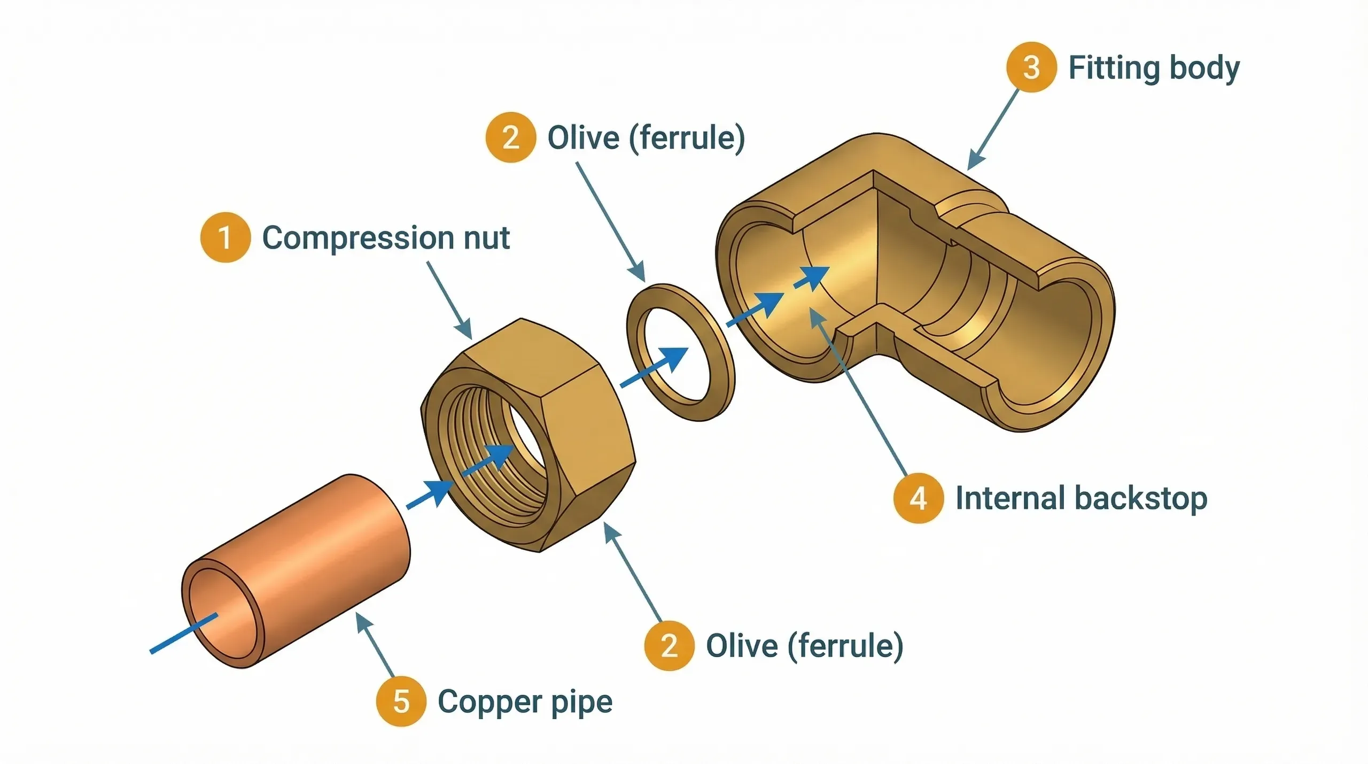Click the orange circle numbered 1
(x=225, y=237)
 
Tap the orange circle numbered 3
(x=1031, y=67)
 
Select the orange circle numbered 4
(x=918, y=498)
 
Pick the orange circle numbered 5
(x=401, y=701)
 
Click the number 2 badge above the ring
(x=510, y=137)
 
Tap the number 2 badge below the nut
(x=669, y=645)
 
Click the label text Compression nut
(x=386, y=237)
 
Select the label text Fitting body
(x=1154, y=68)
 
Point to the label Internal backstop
(x=1081, y=498)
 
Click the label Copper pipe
(x=525, y=702)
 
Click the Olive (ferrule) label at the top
(x=646, y=138)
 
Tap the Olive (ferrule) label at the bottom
(x=804, y=646)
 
